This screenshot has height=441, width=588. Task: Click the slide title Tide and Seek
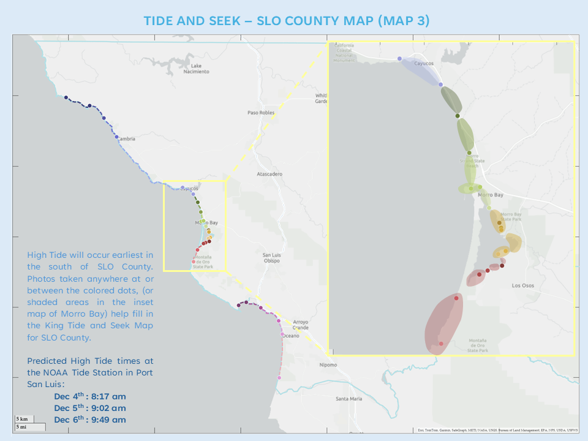tap(287, 20)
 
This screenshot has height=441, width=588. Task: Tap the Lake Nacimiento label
tap(196, 69)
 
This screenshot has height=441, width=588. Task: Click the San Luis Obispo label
tap(271, 258)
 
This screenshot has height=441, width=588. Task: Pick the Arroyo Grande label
tap(301, 325)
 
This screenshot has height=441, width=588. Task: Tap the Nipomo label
tap(328, 365)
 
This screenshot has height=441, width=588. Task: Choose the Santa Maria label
tap(349, 399)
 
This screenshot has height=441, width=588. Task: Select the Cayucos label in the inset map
tap(424, 63)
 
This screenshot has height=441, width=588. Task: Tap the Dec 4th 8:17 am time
tap(89, 396)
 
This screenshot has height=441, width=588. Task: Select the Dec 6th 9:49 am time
tap(89, 420)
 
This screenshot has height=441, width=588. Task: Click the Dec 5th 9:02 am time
tap(89, 408)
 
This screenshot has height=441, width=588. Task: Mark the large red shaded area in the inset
tap(443, 323)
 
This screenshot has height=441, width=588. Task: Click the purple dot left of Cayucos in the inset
tap(399, 59)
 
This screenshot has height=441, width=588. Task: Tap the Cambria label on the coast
tap(126, 139)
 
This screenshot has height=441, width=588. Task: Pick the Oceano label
tap(291, 335)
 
